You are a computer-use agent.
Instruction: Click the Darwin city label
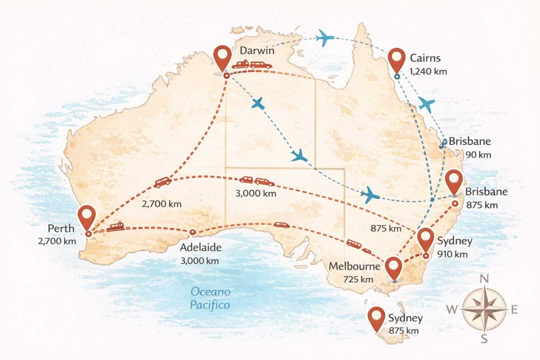click(x=257, y=50)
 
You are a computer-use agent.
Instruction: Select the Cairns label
click(x=425, y=58)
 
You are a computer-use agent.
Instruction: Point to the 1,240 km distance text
click(x=428, y=72)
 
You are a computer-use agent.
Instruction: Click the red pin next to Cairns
click(x=396, y=58)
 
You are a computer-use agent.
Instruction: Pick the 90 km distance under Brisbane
click(x=477, y=155)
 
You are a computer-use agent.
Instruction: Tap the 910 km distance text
click(x=452, y=254)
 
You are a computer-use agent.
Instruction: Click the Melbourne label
click(x=354, y=266)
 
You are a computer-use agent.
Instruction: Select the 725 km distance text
click(x=358, y=279)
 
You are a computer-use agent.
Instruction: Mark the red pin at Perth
click(x=86, y=217)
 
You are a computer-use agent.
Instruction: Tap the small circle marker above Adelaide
click(x=193, y=232)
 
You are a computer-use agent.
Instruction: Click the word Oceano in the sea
click(x=210, y=292)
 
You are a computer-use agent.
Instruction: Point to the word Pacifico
click(x=210, y=305)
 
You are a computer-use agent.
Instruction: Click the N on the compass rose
click(x=484, y=279)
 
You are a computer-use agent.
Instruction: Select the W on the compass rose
click(x=452, y=310)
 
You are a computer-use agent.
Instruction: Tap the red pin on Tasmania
click(x=376, y=317)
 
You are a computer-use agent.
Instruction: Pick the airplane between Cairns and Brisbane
click(x=426, y=105)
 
